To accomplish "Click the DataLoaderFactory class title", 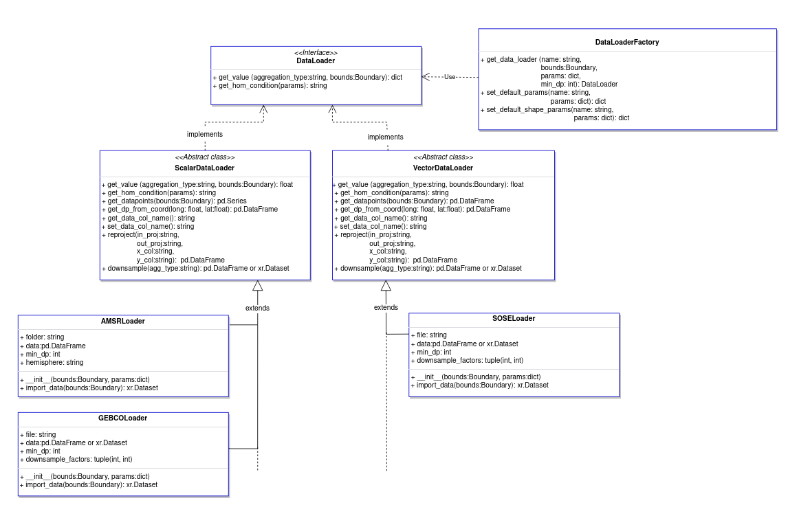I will click(627, 43).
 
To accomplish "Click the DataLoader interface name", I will click(316, 61).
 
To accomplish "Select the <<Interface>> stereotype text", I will click(316, 53).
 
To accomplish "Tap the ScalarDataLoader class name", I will click(205, 168).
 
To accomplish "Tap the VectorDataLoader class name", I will click(443, 168).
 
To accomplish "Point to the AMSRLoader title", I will click(122, 321).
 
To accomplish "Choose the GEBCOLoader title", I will click(122, 418).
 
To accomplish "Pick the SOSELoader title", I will click(514, 318).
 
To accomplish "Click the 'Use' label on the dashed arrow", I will click(450, 76).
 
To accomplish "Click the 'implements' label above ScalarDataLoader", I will click(205, 134).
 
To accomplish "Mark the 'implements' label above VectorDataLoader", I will click(385, 137).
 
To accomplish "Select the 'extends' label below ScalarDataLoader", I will click(257, 308).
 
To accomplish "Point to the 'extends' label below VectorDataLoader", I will click(386, 307).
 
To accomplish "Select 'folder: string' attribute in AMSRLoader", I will click(43, 337).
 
